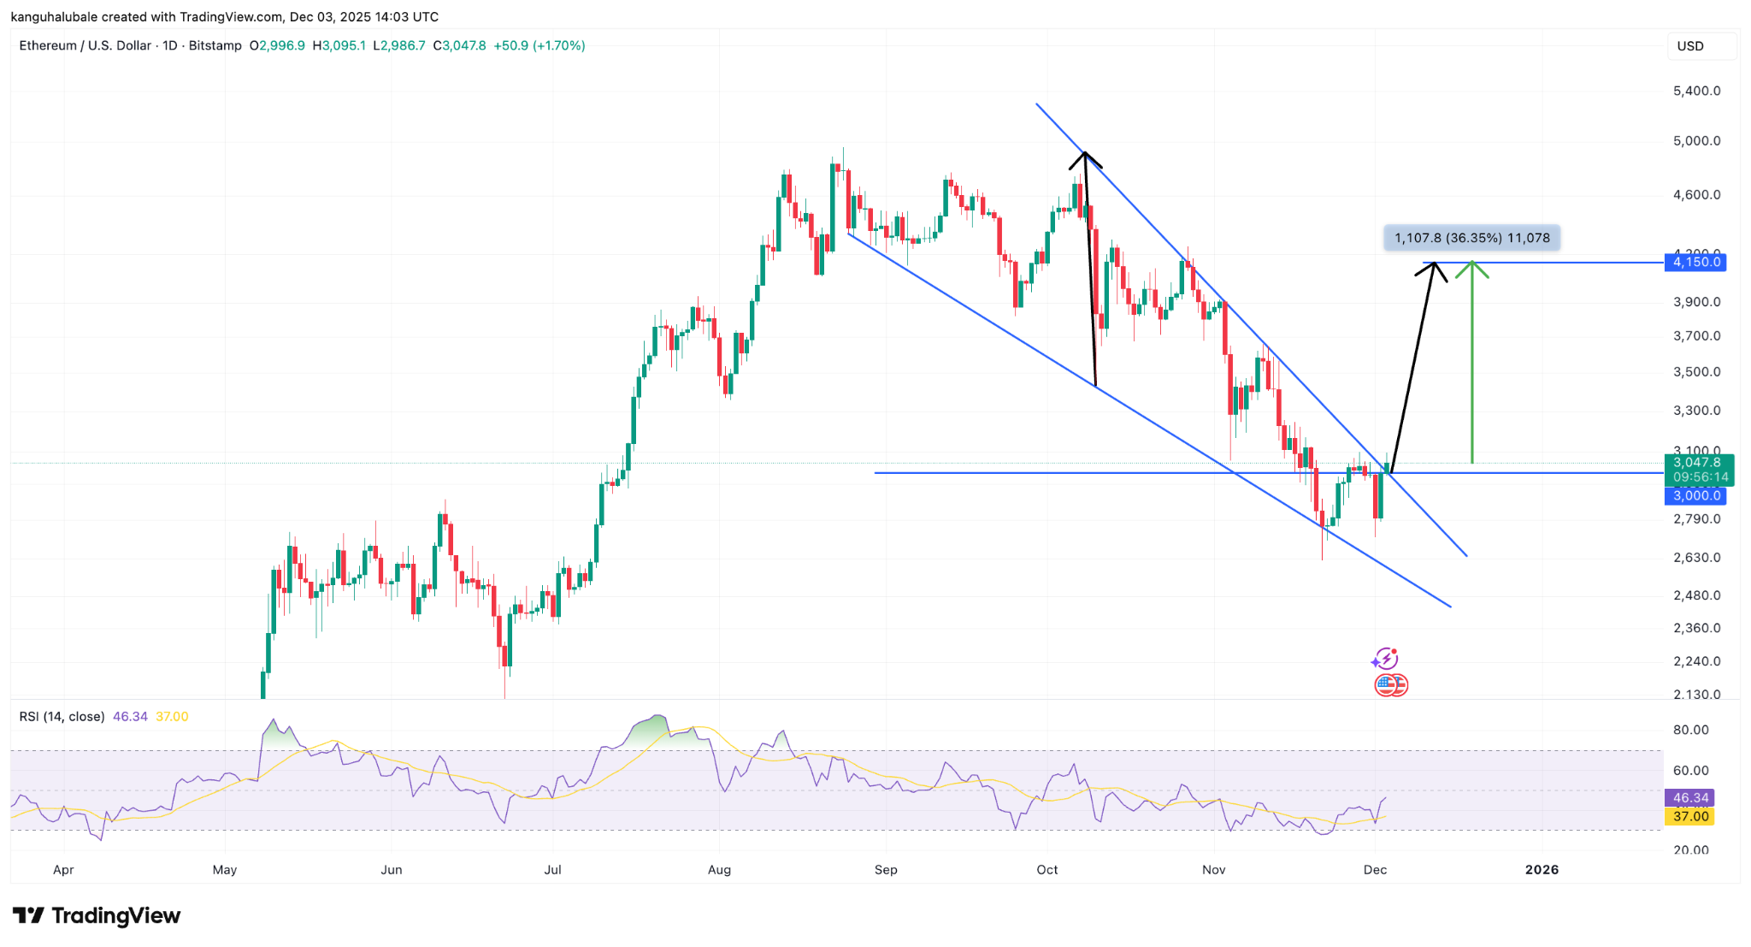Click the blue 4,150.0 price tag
1695,263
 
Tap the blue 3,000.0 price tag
1695,496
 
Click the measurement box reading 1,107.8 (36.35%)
1471,238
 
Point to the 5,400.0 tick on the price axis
1696,91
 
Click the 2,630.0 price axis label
1696,558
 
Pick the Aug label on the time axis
719,870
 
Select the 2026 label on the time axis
1542,870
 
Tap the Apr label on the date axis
63,870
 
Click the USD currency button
1690,46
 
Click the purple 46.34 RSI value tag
1690,798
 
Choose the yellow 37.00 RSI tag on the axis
1690,817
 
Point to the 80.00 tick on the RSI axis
1690,730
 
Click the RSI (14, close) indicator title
62,717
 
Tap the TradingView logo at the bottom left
97,916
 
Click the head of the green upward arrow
1471,267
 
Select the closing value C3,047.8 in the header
459,46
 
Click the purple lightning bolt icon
1384,660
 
